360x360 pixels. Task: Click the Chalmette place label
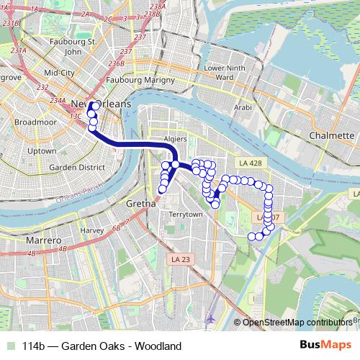coord(330,135)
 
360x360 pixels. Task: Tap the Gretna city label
coord(140,204)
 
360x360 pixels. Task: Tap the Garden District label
coord(68,167)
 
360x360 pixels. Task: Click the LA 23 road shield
coord(179,258)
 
